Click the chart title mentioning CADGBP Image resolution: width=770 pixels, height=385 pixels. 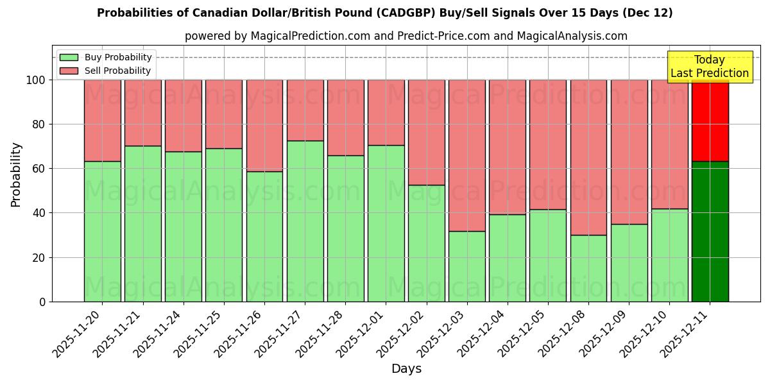(384, 13)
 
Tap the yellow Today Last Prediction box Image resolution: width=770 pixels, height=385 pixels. (709, 67)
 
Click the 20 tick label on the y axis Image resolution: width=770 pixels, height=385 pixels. (40, 258)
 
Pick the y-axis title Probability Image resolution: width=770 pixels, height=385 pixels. (16, 175)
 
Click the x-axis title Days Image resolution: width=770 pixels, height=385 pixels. (406, 369)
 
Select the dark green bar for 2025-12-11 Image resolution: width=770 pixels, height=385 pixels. (710, 231)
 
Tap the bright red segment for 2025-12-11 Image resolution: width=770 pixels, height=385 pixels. (710, 120)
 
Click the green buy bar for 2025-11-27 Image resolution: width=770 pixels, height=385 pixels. (305, 221)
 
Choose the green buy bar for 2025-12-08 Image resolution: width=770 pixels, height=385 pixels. (588, 268)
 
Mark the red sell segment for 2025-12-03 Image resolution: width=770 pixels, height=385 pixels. (467, 155)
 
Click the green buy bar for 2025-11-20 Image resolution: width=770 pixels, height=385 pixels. (103, 231)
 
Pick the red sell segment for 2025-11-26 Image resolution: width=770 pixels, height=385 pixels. (264, 125)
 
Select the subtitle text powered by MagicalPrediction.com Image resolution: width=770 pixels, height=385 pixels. (406, 36)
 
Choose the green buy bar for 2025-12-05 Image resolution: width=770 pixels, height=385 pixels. (548, 255)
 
